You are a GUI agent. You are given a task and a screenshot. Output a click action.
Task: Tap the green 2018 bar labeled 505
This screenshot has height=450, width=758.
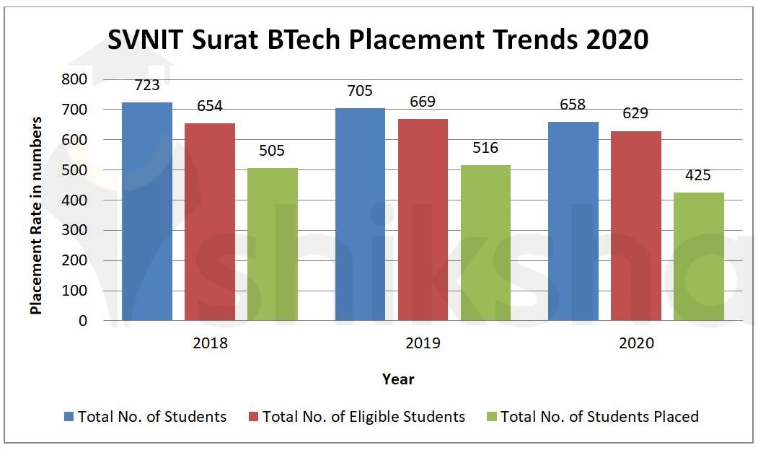coord(273,244)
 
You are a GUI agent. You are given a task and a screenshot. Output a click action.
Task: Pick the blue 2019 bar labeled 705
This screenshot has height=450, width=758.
coord(360,214)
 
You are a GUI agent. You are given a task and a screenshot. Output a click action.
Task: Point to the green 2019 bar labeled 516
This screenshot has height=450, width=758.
coord(485,242)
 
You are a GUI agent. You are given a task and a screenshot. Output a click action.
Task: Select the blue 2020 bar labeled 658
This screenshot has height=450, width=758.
coord(573,221)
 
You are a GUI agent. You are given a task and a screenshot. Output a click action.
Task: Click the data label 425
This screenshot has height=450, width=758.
coord(699,175)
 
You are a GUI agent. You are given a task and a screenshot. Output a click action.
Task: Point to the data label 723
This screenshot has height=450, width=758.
coord(147,85)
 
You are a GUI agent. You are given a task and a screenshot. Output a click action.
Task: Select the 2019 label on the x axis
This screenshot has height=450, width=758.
coord(423,343)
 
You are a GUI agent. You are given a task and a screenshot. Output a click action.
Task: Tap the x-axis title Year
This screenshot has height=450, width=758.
coord(398,379)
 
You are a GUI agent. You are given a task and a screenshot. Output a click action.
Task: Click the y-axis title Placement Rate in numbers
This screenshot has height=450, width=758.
coord(35,215)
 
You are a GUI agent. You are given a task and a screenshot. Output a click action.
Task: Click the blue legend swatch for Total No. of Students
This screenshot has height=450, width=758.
coord(69,417)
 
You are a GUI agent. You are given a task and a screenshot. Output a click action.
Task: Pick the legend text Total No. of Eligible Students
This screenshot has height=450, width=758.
coord(363,417)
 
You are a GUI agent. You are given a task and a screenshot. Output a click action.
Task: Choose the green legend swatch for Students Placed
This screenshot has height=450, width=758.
coord(492,417)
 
